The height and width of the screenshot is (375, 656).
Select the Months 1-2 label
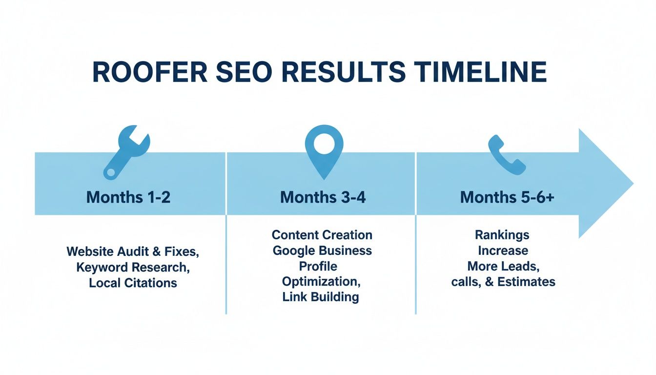tap(128, 197)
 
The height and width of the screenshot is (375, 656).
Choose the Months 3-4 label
tap(323, 197)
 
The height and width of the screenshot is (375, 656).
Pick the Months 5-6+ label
tap(507, 197)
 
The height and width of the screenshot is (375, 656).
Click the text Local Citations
tap(133, 283)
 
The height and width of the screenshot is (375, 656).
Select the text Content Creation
tap(322, 235)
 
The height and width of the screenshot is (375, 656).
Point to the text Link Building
tap(321, 297)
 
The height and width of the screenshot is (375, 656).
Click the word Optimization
tap(320, 281)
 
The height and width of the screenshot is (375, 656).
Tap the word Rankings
tap(502, 235)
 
